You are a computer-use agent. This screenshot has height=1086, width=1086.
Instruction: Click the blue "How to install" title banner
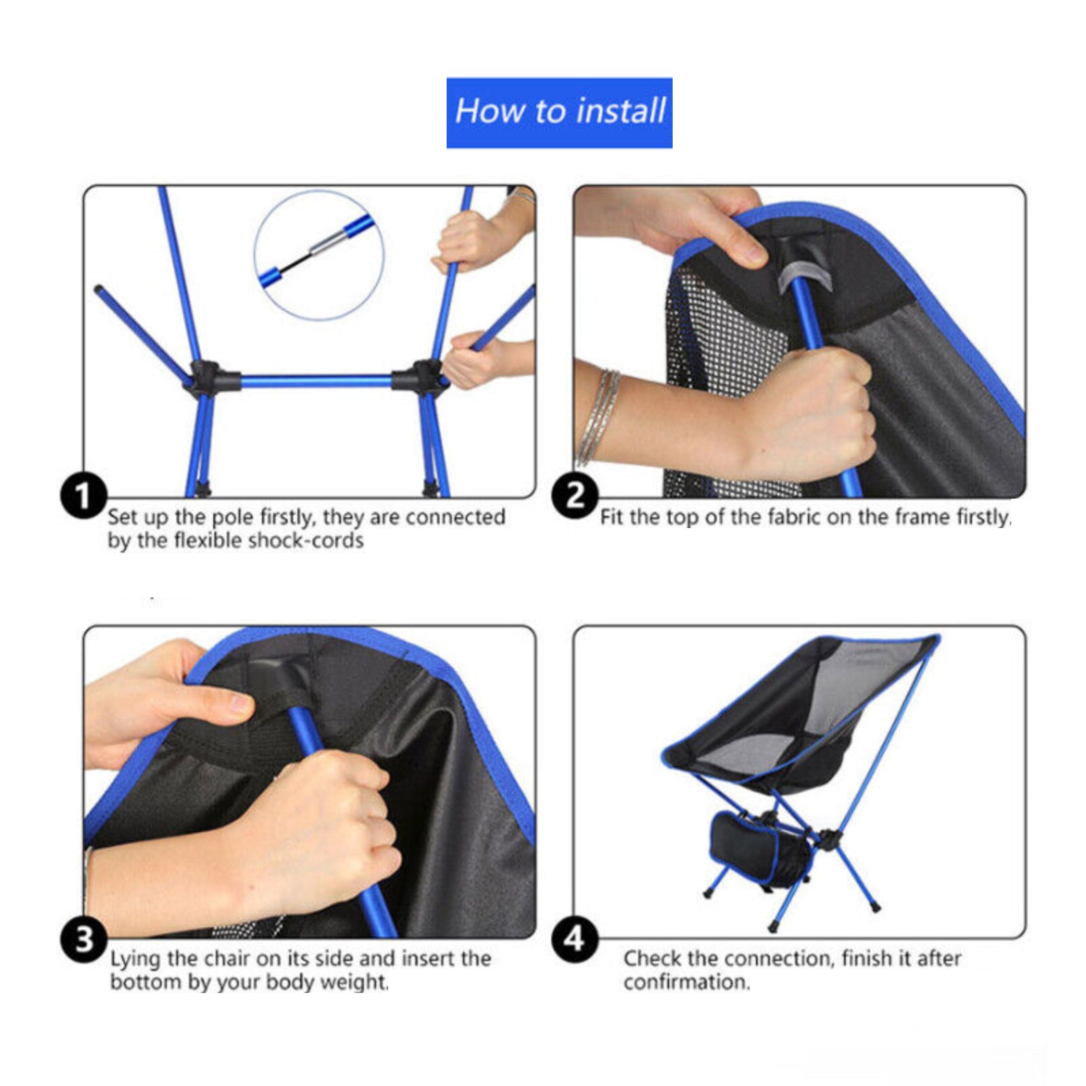[x=559, y=113]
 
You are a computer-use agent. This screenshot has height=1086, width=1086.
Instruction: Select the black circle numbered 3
[x=84, y=939]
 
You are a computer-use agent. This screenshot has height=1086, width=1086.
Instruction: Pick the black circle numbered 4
[x=574, y=939]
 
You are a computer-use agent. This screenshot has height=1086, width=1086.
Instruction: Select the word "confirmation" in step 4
[x=686, y=982]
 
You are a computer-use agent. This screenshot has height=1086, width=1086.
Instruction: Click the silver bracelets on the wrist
[x=597, y=417]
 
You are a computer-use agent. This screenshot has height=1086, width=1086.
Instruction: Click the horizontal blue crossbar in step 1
[x=316, y=381]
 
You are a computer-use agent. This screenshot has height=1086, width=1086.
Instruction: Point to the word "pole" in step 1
[x=232, y=518]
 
